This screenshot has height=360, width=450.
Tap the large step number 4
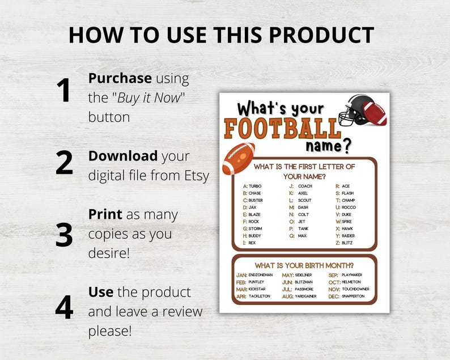63,307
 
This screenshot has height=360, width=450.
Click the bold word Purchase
120,78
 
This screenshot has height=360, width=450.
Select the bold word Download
123,156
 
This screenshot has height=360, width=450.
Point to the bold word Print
105,214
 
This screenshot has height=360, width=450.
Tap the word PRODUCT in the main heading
320,35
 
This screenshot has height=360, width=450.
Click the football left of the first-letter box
238,158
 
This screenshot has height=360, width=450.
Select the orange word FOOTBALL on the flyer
282,129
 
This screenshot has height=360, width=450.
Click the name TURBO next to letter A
255,186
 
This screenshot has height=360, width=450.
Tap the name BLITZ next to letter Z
347,243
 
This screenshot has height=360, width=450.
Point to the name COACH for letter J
305,186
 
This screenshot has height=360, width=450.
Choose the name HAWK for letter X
347,228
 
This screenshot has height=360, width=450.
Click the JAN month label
241,275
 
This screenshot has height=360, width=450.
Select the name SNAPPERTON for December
354,296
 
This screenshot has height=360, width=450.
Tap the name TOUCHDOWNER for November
355,289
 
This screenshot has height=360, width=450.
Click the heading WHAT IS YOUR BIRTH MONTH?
304,265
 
